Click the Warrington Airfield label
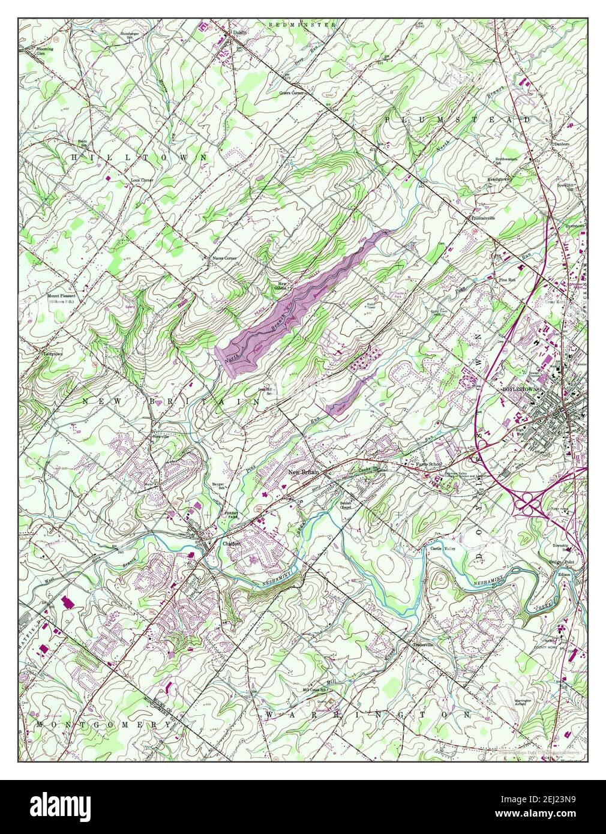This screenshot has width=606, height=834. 515,702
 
